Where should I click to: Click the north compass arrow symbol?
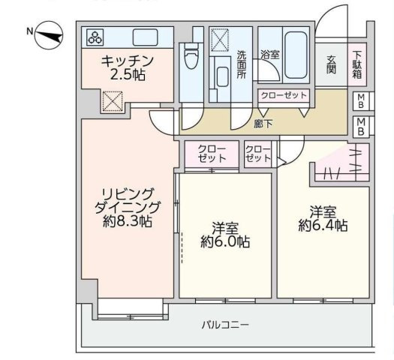pos(47,33)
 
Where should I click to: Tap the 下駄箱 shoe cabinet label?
pos(357,64)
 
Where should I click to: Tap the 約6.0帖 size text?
pos(225,241)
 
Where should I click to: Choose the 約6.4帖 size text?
pos(323,224)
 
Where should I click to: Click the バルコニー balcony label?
pos(224,325)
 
